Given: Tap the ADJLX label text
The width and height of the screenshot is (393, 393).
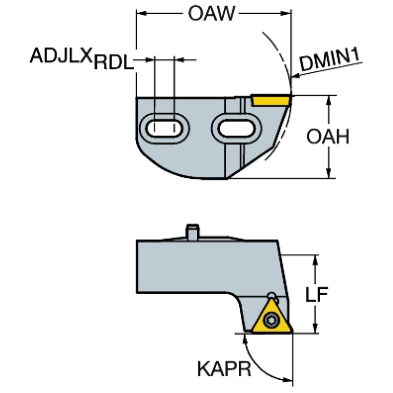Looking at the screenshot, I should click(61, 55).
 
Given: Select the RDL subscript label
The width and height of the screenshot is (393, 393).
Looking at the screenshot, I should click(113, 63).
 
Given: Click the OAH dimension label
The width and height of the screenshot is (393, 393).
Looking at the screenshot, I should click(328, 137).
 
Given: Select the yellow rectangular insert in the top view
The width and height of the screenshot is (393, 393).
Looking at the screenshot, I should click(271, 99).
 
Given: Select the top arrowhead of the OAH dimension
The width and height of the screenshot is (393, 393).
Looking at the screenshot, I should click(328, 99).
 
